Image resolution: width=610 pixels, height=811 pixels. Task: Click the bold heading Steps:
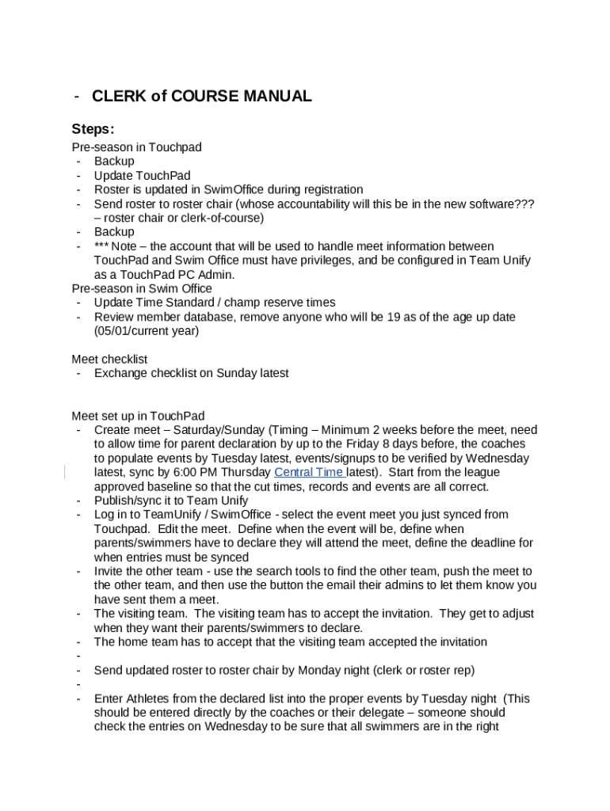[x=93, y=129]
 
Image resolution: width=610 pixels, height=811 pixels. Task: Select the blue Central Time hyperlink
[x=308, y=473]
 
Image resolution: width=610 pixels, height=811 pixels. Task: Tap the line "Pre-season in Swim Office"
[x=142, y=288]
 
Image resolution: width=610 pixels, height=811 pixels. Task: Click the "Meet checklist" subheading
[x=109, y=359]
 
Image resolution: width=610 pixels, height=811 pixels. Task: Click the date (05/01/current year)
[x=147, y=331]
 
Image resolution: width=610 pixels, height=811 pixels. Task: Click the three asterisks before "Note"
[x=102, y=246]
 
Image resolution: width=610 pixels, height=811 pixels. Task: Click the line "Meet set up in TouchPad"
[x=138, y=416]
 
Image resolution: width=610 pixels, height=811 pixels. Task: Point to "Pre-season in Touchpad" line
[x=136, y=147]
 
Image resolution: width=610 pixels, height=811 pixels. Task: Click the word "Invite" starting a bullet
[x=109, y=571]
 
